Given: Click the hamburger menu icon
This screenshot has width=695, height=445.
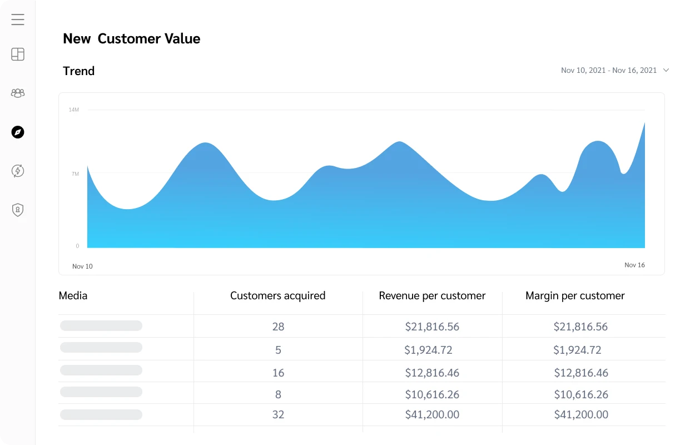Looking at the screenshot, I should [x=18, y=19].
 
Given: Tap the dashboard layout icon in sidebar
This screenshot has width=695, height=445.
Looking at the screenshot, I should [x=18, y=54].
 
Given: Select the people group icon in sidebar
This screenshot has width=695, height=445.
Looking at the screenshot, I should [x=18, y=93].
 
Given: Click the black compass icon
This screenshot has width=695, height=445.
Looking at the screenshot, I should [x=18, y=132].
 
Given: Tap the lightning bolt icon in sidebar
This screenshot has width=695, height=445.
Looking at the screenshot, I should [x=18, y=171].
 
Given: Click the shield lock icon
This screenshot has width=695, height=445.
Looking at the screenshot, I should [x=18, y=210].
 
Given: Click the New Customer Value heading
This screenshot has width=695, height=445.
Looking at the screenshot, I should [x=131, y=38].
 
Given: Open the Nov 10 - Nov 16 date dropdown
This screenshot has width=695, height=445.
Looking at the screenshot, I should [x=614, y=70].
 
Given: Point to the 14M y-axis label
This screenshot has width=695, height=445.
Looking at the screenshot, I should [x=73, y=110].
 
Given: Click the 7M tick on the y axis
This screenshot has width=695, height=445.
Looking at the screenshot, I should [x=75, y=174].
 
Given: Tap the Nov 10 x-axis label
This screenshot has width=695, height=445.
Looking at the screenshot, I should [x=82, y=266].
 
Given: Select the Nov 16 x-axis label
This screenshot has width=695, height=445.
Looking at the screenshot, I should [x=634, y=265].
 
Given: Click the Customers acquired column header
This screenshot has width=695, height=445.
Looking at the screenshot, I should [x=277, y=296].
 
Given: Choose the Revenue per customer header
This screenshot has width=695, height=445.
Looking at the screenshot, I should [x=432, y=296].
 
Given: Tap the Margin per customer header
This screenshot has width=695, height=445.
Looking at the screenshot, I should [x=575, y=296].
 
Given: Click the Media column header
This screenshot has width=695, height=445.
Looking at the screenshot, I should [x=73, y=296].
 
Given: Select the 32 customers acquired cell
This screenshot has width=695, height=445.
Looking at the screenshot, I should [x=278, y=414].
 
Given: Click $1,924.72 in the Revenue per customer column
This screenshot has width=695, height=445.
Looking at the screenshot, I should [x=428, y=350].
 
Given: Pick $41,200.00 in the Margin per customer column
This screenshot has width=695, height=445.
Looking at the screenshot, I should [x=581, y=414].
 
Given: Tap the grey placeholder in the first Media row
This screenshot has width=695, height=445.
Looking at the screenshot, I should [x=101, y=326].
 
